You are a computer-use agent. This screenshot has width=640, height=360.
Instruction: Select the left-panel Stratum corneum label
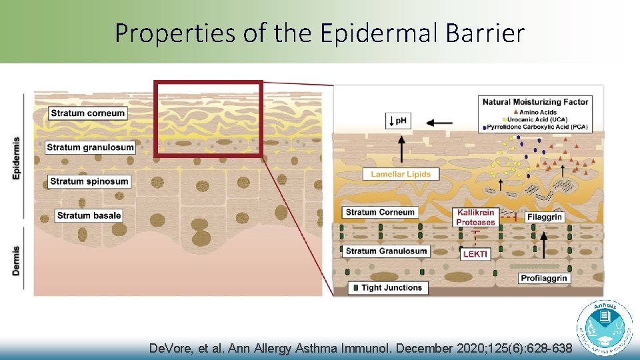click(88, 113)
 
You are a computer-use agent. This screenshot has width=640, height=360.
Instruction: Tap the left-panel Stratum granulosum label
click(91, 147)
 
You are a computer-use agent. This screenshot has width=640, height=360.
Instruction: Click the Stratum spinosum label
click(89, 181)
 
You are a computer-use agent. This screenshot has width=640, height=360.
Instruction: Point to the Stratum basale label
click(89, 215)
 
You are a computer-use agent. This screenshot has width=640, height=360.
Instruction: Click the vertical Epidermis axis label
click(15, 158)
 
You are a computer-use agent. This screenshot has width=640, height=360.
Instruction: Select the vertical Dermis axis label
click(15, 261)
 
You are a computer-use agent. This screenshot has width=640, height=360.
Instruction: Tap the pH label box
click(399, 121)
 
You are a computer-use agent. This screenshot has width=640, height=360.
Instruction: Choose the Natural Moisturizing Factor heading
click(536, 102)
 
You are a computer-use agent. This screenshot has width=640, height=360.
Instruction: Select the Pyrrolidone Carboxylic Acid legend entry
click(539, 126)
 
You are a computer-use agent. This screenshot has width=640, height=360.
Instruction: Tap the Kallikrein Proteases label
click(475, 217)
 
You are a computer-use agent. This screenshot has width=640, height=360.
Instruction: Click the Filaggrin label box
click(545, 217)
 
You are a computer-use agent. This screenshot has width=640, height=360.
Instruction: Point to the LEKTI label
click(475, 254)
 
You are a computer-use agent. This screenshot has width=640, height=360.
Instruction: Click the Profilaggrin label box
click(545, 277)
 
